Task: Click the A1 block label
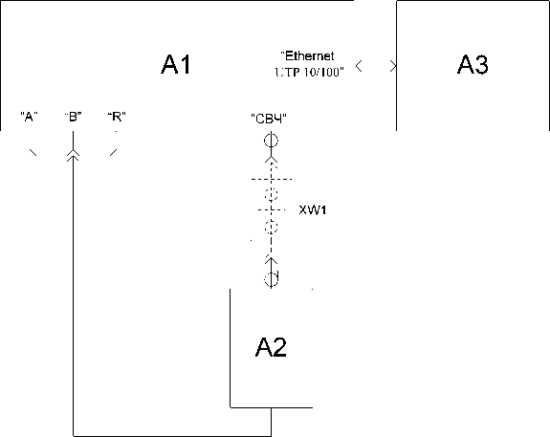[176, 64]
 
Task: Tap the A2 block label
[271, 347]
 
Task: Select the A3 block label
[473, 64]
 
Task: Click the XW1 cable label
[313, 210]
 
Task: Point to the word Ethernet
[308, 55]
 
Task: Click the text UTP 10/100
[309, 72]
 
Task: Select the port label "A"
[29, 117]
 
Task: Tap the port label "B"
[74, 117]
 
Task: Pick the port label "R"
[117, 117]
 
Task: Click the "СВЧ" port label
[269, 119]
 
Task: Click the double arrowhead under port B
[73, 155]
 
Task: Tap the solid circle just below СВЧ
[271, 141]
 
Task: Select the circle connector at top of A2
[271, 279]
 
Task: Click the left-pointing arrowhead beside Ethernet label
[359, 66]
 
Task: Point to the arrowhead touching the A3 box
[393, 66]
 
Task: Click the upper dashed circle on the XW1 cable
[271, 194]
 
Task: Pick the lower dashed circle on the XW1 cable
[271, 227]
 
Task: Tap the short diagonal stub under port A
[33, 152]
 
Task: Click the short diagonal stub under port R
[113, 152]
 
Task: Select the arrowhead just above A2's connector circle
[271, 260]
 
